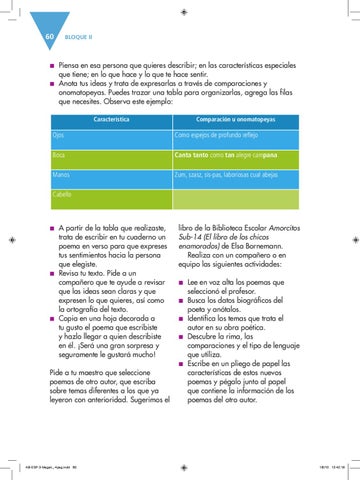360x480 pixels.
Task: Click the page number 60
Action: point(48,37)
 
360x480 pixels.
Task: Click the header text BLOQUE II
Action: point(80,38)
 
